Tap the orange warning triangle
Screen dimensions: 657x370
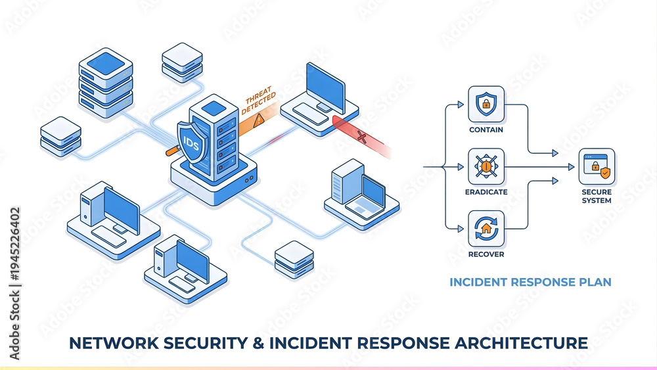(x=259, y=120)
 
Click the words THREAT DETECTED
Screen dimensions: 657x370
(x=258, y=100)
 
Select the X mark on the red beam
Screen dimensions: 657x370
(x=361, y=136)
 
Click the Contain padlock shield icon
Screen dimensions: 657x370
(x=486, y=104)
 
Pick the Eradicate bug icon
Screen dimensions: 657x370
(x=486, y=166)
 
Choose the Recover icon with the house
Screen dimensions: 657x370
(x=486, y=229)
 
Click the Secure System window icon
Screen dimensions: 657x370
(x=597, y=166)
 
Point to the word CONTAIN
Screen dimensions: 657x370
(x=486, y=130)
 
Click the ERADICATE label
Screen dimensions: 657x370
(x=486, y=192)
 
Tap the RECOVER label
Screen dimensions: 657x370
(x=486, y=254)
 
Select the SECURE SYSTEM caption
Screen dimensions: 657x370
(x=597, y=196)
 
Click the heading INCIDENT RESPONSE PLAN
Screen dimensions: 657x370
(x=530, y=282)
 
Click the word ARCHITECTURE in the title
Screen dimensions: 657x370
(x=521, y=343)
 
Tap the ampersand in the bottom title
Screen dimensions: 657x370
(x=258, y=343)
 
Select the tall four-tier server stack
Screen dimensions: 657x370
(x=106, y=83)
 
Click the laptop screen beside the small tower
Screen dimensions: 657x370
(x=373, y=193)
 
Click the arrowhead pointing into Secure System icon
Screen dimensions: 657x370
(x=571, y=167)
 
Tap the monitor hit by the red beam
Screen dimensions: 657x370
(x=325, y=88)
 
